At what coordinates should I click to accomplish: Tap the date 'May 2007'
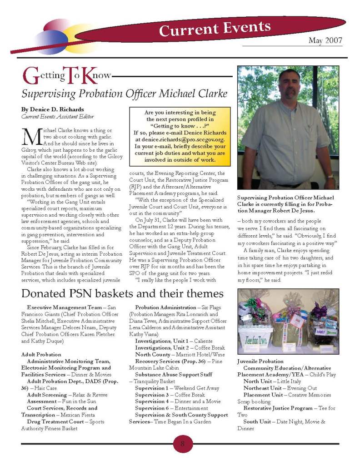[325, 41]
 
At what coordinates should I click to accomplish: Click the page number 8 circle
[182, 444]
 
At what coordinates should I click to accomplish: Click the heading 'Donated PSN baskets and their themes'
[122, 293]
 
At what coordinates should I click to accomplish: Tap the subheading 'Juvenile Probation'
[260, 361]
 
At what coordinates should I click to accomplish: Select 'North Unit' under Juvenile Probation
[257, 381]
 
